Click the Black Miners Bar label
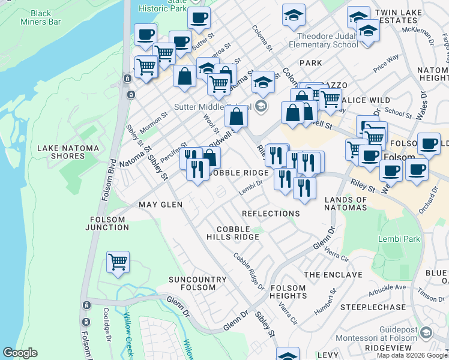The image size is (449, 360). (x=41, y=17)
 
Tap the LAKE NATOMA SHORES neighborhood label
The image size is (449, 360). (x=61, y=152)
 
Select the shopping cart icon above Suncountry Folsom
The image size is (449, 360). (x=118, y=262)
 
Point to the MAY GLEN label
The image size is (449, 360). (x=160, y=205)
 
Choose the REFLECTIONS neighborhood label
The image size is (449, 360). (x=271, y=214)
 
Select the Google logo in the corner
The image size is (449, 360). (x=20, y=353)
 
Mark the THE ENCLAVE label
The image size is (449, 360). (x=333, y=275)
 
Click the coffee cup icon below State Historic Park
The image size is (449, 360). (x=199, y=18)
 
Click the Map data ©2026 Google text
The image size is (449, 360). (x=412, y=355)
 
